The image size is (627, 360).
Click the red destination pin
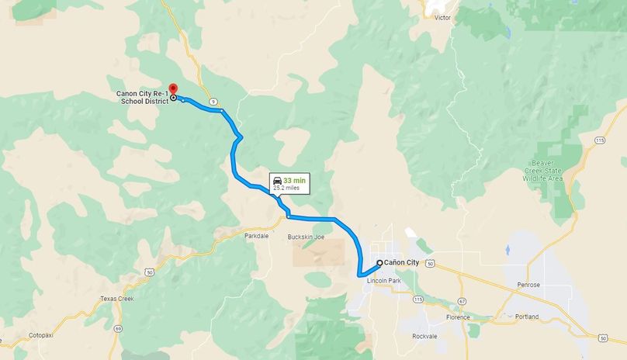(173, 89)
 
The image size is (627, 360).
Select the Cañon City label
(402, 263)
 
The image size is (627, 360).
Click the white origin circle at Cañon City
(379, 263)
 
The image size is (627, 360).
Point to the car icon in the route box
(277, 181)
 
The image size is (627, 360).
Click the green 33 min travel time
(295, 180)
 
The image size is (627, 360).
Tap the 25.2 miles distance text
(289, 188)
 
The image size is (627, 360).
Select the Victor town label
(442, 17)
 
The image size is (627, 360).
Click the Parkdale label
(256, 235)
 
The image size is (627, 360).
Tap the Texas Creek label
(117, 299)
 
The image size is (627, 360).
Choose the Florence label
(458, 317)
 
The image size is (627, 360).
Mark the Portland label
(526, 317)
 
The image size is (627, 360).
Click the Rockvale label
(425, 336)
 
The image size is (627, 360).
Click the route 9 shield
(212, 102)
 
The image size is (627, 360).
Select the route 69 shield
(117, 329)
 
